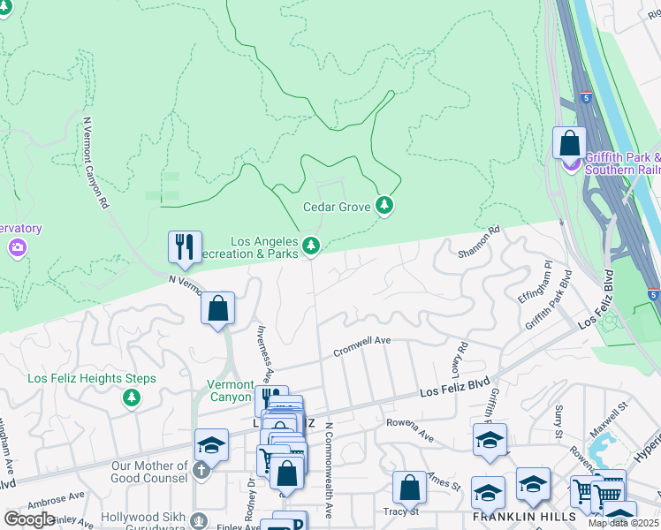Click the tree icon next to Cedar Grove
[384, 206]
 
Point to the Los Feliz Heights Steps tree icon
[132, 398]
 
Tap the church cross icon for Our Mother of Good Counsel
[201, 469]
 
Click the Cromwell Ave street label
[361, 346]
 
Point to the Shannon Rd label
[479, 242]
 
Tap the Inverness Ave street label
[262, 347]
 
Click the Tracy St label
[399, 511]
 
